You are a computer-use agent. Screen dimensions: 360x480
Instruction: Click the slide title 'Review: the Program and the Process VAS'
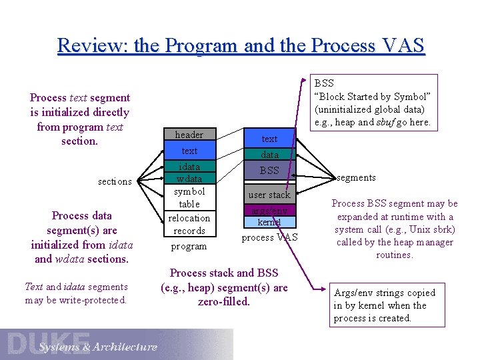tap(240, 46)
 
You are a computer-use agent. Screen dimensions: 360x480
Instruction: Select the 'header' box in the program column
tap(189, 135)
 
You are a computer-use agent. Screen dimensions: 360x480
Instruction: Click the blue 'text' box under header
tap(189, 151)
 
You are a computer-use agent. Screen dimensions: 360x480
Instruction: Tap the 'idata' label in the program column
tap(189, 167)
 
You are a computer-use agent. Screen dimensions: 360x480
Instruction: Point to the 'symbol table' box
tap(189, 197)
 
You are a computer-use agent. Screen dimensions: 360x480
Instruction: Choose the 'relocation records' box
tap(189, 225)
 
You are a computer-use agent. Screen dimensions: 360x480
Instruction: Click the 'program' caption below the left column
tap(189, 246)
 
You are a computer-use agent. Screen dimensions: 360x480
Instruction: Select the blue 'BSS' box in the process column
tap(269, 171)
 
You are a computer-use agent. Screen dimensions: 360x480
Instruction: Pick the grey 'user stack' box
tap(269, 195)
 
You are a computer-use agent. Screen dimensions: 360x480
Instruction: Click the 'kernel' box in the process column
tap(269, 222)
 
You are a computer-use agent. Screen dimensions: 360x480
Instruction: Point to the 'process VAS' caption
tap(269, 238)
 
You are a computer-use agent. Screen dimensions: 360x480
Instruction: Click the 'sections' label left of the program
tap(115, 181)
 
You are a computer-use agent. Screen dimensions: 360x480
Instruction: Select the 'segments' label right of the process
tap(356, 178)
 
